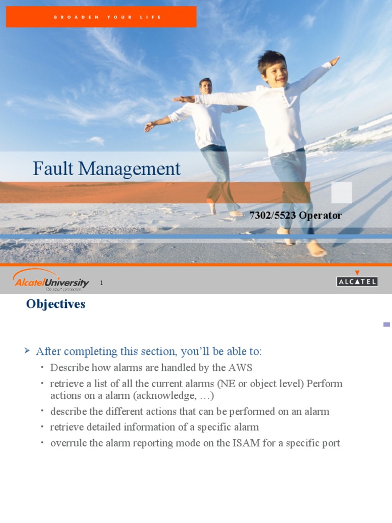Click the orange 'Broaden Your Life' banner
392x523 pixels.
tap(101, 17)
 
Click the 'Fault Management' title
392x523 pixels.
tap(107, 169)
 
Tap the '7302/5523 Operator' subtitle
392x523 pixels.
tap(296, 216)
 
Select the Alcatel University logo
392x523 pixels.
tap(51, 280)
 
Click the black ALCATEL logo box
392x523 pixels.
tap(357, 281)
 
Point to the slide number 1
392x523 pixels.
tap(101, 282)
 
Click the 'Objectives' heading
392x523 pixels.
tap(56, 304)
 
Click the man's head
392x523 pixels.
tap(206, 85)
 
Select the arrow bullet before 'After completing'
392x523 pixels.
tap(28, 350)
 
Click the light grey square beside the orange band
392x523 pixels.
tap(341, 193)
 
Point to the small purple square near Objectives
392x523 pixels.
tap(386, 324)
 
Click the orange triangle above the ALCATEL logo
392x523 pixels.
tap(357, 273)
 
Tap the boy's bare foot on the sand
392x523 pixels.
tap(316, 249)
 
